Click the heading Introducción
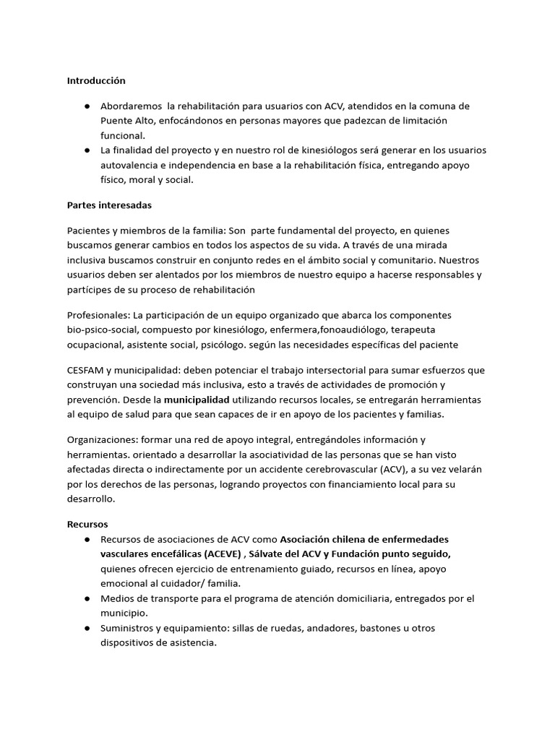click(x=96, y=80)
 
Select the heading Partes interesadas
click(x=109, y=205)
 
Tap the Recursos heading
click(x=87, y=524)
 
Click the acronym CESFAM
click(x=86, y=370)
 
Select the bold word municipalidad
click(x=197, y=399)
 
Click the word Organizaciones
click(x=103, y=439)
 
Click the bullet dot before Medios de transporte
click(x=87, y=599)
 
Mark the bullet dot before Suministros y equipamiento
click(x=87, y=628)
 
